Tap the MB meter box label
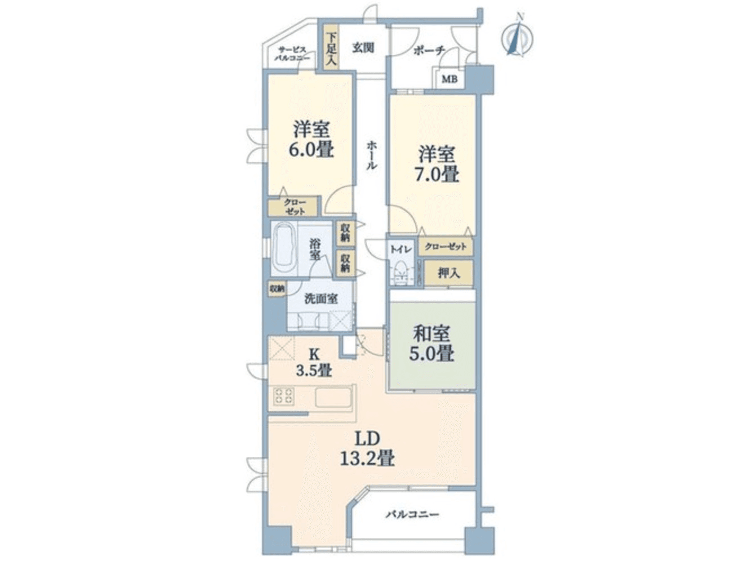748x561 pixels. point(449,79)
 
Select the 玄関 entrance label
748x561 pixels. point(363,48)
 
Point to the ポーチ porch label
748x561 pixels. point(429,51)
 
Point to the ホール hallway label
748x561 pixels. point(372,155)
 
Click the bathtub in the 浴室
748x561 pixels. point(284,248)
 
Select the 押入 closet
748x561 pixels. point(448,273)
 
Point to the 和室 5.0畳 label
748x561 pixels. point(432,344)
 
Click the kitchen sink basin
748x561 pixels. point(333,397)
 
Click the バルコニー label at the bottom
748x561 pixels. point(412,514)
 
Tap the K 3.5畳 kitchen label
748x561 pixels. point(314,362)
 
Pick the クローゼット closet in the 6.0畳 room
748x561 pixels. point(294,207)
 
